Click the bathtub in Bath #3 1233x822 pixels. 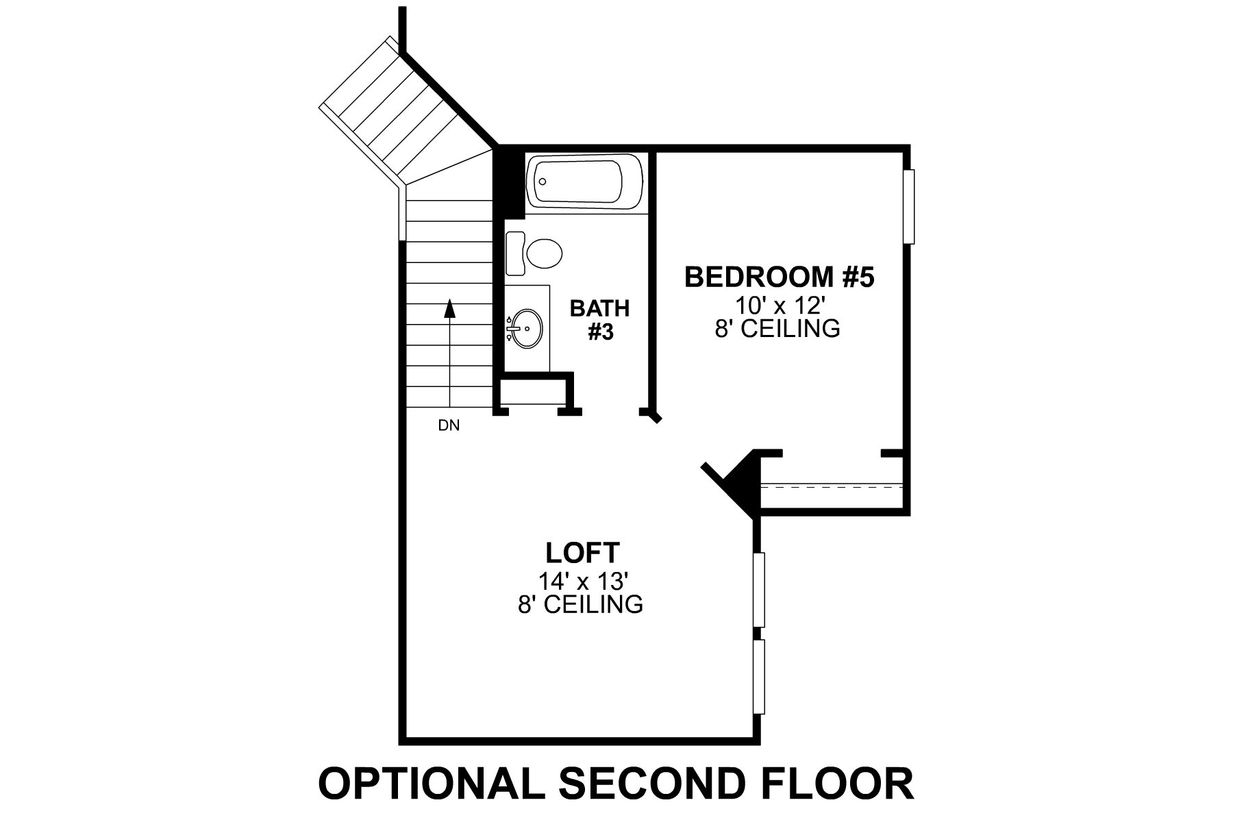tap(584, 182)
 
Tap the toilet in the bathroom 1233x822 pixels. tap(546, 253)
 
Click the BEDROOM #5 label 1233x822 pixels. tap(780, 277)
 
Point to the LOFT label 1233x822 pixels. tap(582, 551)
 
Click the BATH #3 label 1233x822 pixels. tap(600, 320)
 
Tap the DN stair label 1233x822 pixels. tap(449, 426)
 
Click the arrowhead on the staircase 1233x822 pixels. tap(449, 310)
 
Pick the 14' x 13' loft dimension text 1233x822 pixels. tap(583, 582)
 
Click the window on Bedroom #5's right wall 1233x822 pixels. tap(909, 206)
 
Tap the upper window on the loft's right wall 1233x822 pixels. tap(759, 589)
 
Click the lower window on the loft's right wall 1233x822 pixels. tap(759, 677)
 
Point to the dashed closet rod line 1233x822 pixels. tap(832, 487)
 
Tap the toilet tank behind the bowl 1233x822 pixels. tap(515, 253)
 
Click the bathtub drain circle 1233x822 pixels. tap(543, 182)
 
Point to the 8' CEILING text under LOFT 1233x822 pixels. tap(580, 605)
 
